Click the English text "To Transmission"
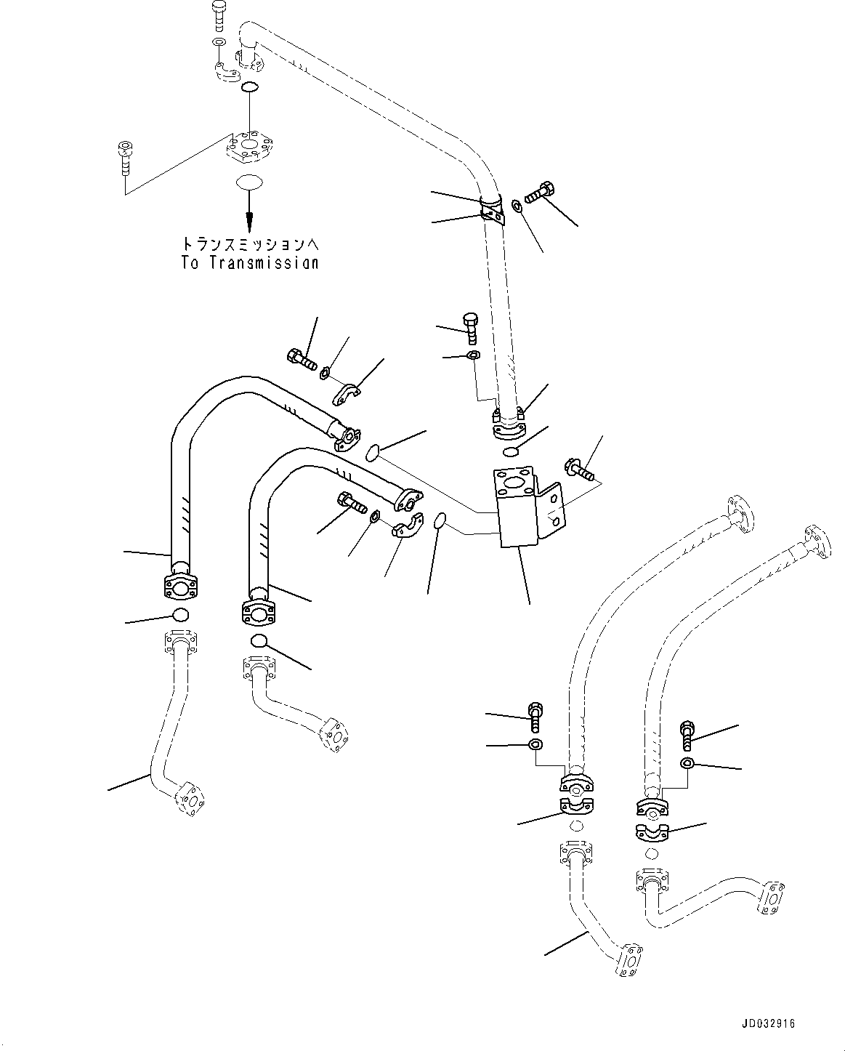coord(249,263)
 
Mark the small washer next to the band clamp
coord(516,206)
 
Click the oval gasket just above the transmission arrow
coord(249,182)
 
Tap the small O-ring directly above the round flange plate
coord(249,88)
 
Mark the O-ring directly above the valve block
coord(511,452)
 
